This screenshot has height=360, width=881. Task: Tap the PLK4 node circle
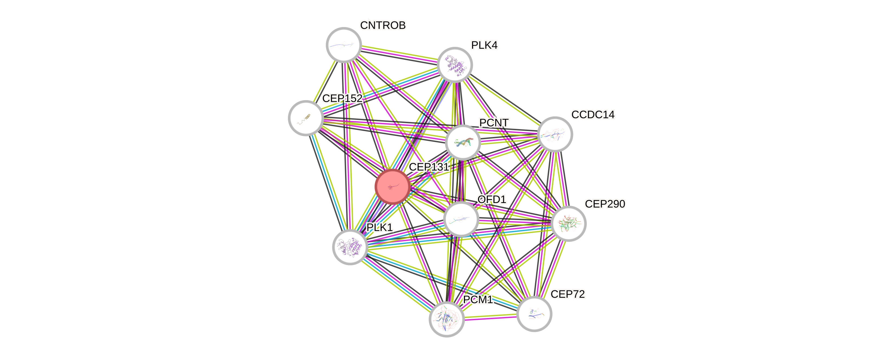tap(455, 65)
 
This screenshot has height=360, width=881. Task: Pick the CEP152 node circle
tap(306, 118)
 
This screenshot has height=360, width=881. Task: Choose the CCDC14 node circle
tap(555, 134)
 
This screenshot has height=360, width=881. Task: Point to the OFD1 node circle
tap(461, 219)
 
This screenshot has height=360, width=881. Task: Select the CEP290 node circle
tap(569, 224)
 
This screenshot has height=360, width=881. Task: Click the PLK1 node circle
tap(350, 247)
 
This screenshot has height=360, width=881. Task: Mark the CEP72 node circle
tap(534, 314)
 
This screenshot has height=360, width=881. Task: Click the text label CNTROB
tap(383, 25)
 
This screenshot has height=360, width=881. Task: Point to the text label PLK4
tap(484, 45)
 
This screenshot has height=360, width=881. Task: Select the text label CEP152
tap(342, 99)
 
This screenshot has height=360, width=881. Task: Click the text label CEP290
tap(605, 204)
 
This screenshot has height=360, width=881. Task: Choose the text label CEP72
tap(568, 294)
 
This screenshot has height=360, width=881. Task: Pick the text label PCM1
tap(478, 299)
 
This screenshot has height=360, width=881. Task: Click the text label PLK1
tap(380, 227)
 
